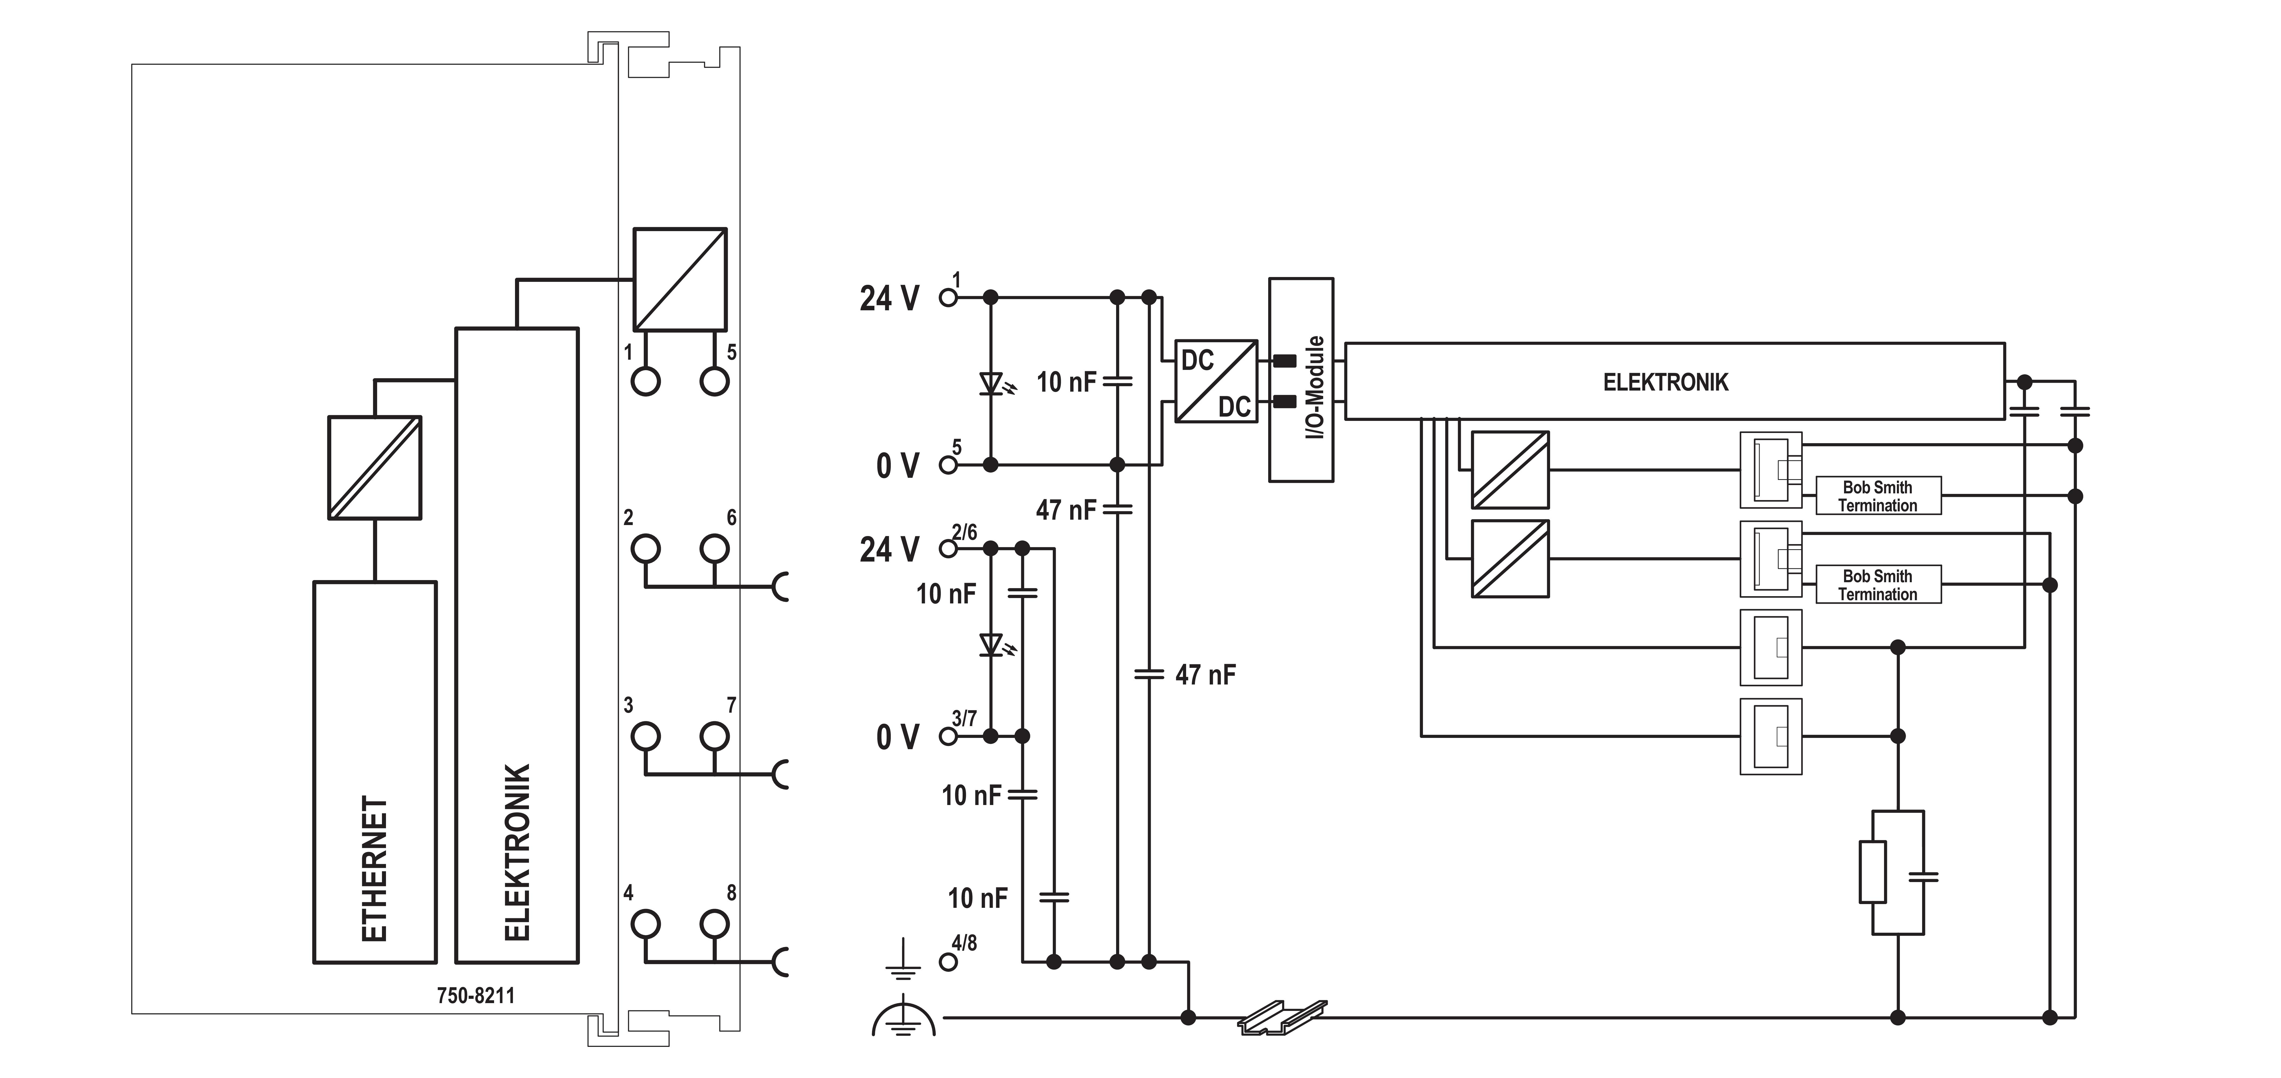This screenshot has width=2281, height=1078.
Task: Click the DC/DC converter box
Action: (x=1216, y=381)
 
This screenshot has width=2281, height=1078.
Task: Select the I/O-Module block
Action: (x=1301, y=380)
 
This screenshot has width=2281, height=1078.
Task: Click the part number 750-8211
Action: (x=476, y=996)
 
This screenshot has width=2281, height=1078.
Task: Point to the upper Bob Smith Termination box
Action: (x=1878, y=496)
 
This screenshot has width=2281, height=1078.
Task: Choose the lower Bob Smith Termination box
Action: (x=1878, y=585)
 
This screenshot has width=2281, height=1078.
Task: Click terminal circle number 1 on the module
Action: (x=646, y=382)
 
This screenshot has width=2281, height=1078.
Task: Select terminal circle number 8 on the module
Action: (x=715, y=924)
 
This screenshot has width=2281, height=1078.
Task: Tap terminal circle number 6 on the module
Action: (x=715, y=548)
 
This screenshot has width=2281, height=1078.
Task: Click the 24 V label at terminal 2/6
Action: (x=889, y=549)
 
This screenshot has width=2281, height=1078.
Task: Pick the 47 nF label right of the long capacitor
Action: (x=1205, y=675)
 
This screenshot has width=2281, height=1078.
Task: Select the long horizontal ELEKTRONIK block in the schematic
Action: (x=1675, y=381)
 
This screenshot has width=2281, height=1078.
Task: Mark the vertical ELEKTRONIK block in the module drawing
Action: (x=517, y=646)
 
